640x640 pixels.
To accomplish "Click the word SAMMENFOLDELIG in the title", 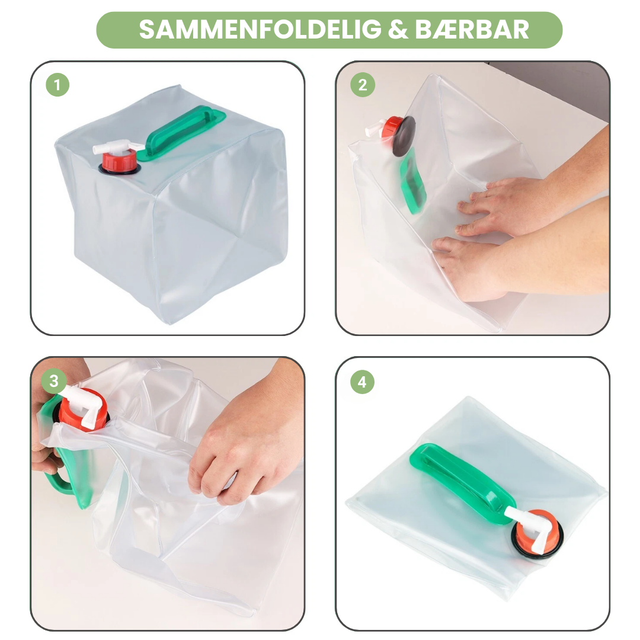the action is [x=260, y=30].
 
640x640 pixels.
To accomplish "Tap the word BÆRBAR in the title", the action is [x=472, y=30].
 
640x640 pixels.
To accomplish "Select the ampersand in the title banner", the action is [x=398, y=30].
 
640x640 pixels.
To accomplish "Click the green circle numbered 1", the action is [x=57, y=85].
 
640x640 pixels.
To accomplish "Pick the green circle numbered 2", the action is [x=363, y=85].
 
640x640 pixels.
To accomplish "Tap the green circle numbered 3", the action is [x=53, y=381].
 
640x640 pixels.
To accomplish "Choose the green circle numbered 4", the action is [x=362, y=382].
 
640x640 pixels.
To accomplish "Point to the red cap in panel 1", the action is [x=119, y=161].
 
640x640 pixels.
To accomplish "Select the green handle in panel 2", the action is [x=413, y=181].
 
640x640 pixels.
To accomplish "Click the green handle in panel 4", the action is [x=461, y=482].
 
